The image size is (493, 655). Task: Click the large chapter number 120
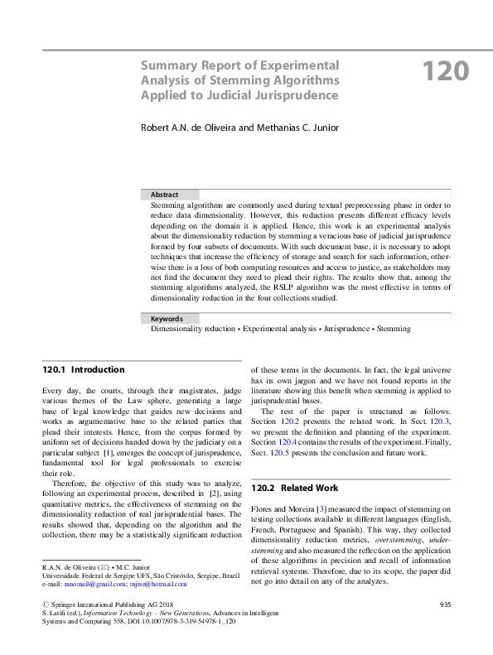coord(447,71)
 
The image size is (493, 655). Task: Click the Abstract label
coord(164,195)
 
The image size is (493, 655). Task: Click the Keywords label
coord(167,318)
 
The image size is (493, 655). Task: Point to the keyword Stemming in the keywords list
coord(393,329)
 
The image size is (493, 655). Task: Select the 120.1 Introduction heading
coord(84,369)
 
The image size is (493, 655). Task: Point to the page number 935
coord(443,606)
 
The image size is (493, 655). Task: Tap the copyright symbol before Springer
coord(45,606)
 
